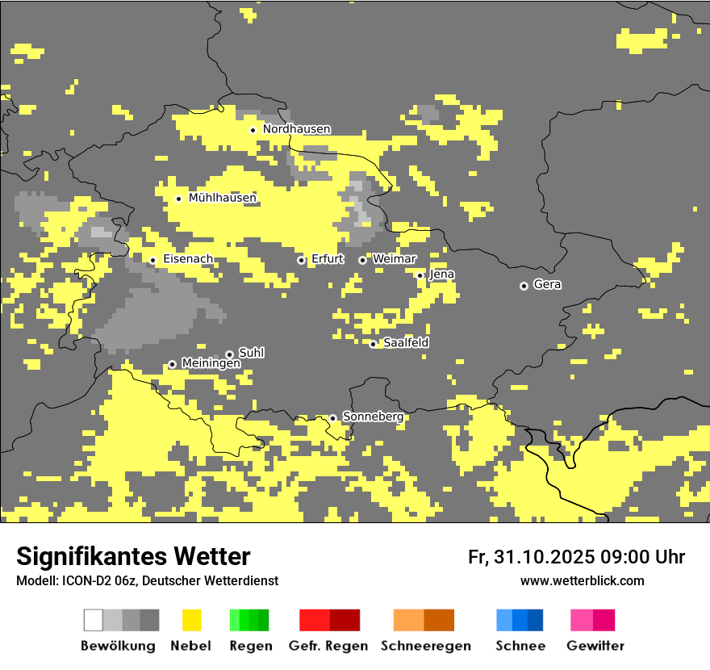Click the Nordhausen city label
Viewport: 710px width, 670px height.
click(296, 129)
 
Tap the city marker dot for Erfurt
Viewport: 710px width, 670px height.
click(301, 260)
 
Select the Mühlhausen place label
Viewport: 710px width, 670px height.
click(222, 198)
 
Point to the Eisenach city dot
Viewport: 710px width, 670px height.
click(152, 260)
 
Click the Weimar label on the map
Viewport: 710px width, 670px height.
click(395, 259)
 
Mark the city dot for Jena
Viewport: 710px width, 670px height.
click(420, 275)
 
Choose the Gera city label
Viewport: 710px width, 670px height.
click(547, 285)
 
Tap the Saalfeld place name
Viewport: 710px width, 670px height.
click(406, 343)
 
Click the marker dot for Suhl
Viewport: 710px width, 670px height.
click(229, 354)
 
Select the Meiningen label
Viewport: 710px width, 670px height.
click(211, 364)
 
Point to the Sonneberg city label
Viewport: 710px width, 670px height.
click(373, 417)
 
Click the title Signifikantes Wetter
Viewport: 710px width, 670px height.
click(133, 556)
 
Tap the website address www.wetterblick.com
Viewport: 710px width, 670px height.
click(582, 580)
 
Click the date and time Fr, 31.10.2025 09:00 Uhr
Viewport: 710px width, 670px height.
click(576, 557)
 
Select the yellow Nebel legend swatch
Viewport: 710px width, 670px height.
click(192, 620)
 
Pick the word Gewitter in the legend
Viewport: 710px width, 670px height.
click(595, 646)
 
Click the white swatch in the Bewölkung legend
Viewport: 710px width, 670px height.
click(94, 620)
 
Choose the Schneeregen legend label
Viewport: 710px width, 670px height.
click(426, 646)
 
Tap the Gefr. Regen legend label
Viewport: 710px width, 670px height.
click(328, 646)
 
